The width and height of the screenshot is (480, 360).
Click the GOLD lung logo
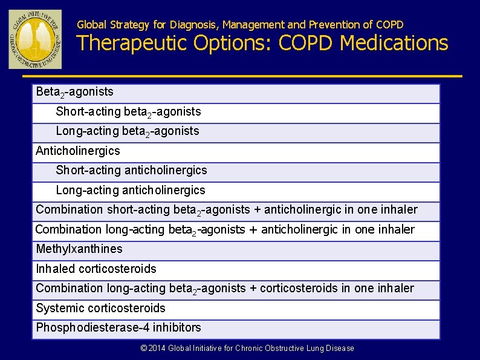point(35,39)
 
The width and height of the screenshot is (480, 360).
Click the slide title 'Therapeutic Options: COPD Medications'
point(262,43)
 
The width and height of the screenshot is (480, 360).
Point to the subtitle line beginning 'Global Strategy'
point(240,25)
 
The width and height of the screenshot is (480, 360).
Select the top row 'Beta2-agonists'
point(74,92)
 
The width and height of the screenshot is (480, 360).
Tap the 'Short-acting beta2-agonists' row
point(128,112)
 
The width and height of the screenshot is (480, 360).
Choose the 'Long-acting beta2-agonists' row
point(127,131)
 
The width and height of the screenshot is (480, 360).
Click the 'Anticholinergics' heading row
point(78,151)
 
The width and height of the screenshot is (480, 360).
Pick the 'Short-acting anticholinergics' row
point(131,171)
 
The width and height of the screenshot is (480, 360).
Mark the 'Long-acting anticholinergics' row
point(131,190)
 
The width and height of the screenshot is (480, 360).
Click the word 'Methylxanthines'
point(79,249)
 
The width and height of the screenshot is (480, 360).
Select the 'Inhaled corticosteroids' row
point(96,269)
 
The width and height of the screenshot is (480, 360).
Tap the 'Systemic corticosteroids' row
point(100,308)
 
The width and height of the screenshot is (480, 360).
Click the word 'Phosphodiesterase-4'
point(92,327)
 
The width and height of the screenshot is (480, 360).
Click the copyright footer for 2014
point(247,348)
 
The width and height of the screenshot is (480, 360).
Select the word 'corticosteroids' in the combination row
point(299,288)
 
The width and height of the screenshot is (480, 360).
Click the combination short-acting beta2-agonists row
point(227,210)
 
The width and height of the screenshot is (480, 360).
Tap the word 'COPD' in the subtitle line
point(389,25)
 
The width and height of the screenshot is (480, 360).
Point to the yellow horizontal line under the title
point(242,76)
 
